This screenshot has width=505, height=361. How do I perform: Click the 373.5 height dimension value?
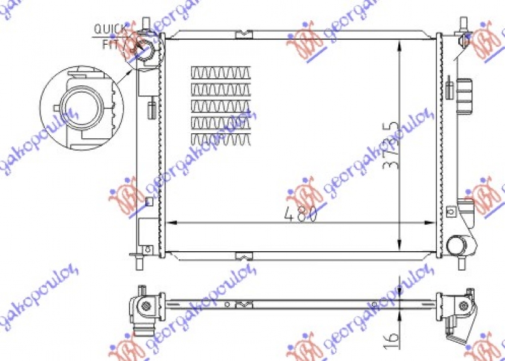click(393, 146)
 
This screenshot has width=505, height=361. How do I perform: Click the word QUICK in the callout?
click(107, 29)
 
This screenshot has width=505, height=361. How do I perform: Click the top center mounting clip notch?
click(243, 35)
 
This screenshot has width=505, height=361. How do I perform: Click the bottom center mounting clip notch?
click(243, 256)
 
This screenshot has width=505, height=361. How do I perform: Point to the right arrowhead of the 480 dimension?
click(433, 223)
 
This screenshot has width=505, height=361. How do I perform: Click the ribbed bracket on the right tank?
click(465, 93)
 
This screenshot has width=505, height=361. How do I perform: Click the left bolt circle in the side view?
click(146, 305)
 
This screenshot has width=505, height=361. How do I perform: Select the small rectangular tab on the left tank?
click(151, 109)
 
